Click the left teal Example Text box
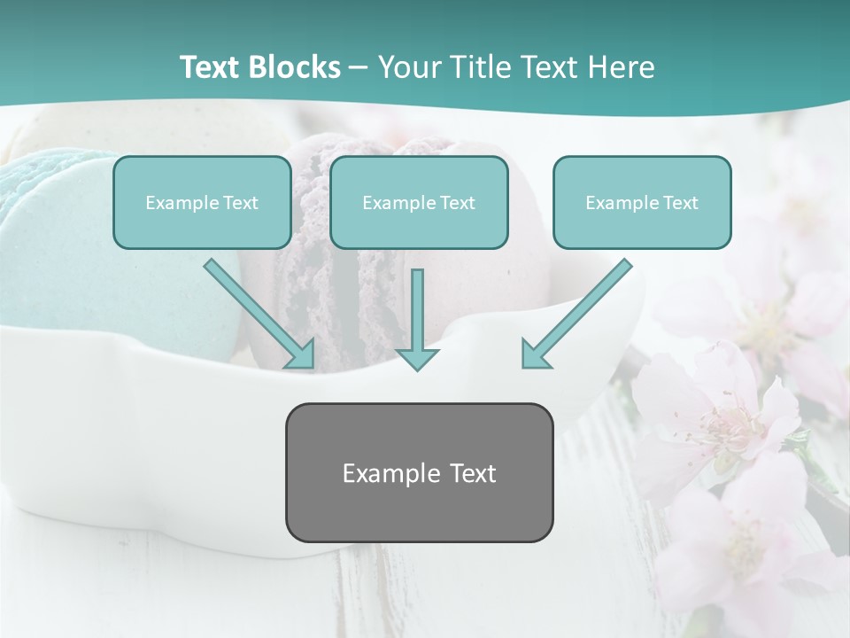pyautogui.click(x=202, y=202)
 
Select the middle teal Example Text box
pyautogui.click(x=419, y=202)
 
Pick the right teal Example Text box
pyautogui.click(x=642, y=202)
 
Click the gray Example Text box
pyautogui.click(x=419, y=472)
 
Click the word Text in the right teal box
pyautogui.click(x=680, y=203)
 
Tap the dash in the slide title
pyautogui.click(x=359, y=68)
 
